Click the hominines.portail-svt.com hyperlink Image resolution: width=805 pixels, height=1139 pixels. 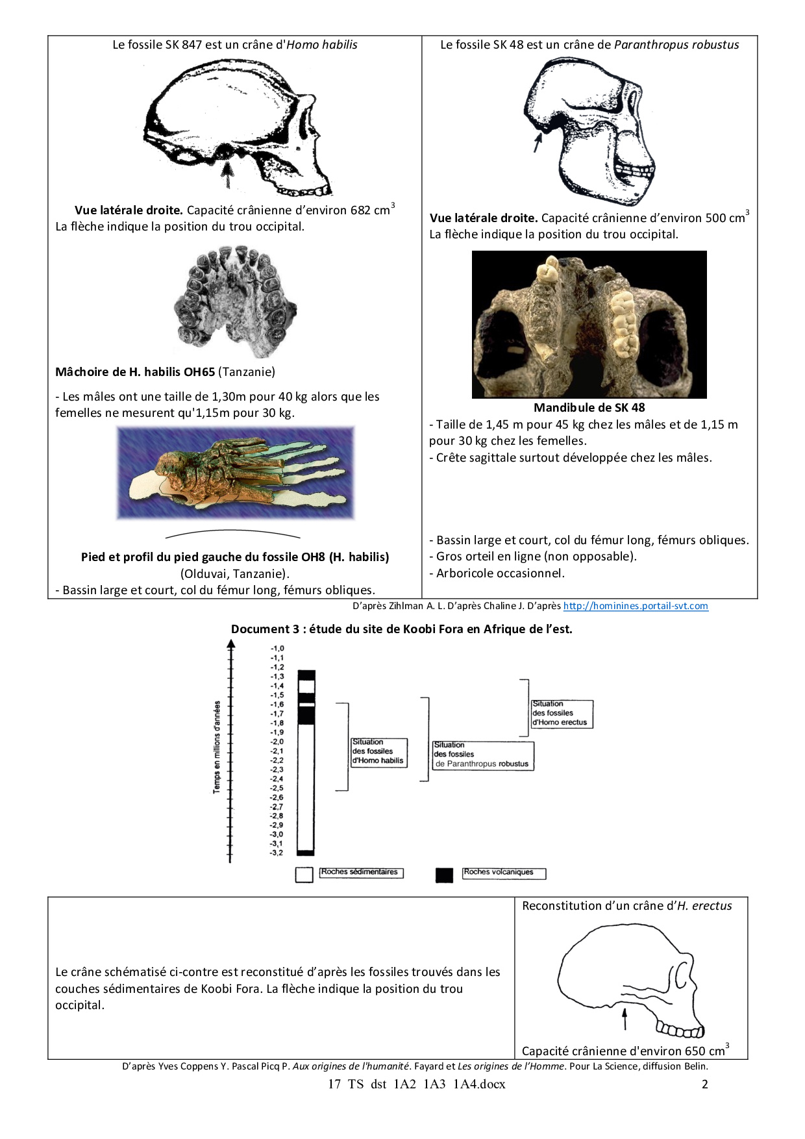tap(635, 606)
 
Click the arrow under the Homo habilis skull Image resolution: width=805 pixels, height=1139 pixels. tap(227, 173)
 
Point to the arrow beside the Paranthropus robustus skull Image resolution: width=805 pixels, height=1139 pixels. tap(537, 142)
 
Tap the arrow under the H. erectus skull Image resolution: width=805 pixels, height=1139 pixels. tap(625, 1018)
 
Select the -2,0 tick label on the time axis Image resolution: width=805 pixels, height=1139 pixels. tap(277, 742)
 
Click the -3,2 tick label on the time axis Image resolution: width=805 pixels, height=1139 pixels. tap(277, 853)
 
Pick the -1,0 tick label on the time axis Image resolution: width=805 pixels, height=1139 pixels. tap(277, 648)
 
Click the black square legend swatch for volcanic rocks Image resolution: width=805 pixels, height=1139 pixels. tap(444, 875)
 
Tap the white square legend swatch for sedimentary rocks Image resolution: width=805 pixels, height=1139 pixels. tap(304, 875)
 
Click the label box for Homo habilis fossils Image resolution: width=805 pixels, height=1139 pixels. tap(379, 752)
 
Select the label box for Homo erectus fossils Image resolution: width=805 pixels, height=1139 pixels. tap(562, 714)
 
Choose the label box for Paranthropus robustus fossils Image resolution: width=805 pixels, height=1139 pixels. tap(482, 755)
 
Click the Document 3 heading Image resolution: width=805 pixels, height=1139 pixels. tap(401, 629)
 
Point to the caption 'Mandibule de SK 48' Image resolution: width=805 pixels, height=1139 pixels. tap(589, 408)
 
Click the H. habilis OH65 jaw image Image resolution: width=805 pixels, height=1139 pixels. tap(236, 301)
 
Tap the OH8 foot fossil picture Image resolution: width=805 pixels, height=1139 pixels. tap(236, 472)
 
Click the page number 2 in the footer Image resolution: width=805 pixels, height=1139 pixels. tap(705, 1084)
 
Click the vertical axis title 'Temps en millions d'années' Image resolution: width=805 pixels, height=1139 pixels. tap(217, 747)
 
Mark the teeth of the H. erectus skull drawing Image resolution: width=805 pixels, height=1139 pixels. tap(680, 1030)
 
